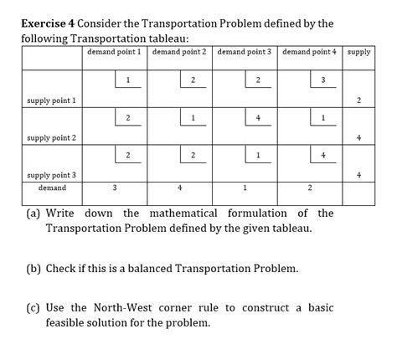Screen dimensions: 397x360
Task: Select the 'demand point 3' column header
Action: click(244, 52)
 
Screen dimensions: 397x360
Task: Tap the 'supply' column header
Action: click(358, 52)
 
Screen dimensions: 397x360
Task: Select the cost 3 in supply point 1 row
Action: click(323, 80)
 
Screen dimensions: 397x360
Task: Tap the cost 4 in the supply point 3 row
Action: click(323, 156)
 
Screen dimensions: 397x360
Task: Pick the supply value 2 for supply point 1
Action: click(358, 101)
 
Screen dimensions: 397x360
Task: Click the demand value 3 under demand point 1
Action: click(115, 188)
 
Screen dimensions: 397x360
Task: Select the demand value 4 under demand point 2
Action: click(179, 188)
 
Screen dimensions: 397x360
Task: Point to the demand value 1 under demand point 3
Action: click(245, 188)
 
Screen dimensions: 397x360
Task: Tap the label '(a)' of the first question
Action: click(33, 213)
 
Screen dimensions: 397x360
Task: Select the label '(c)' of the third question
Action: click(33, 307)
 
